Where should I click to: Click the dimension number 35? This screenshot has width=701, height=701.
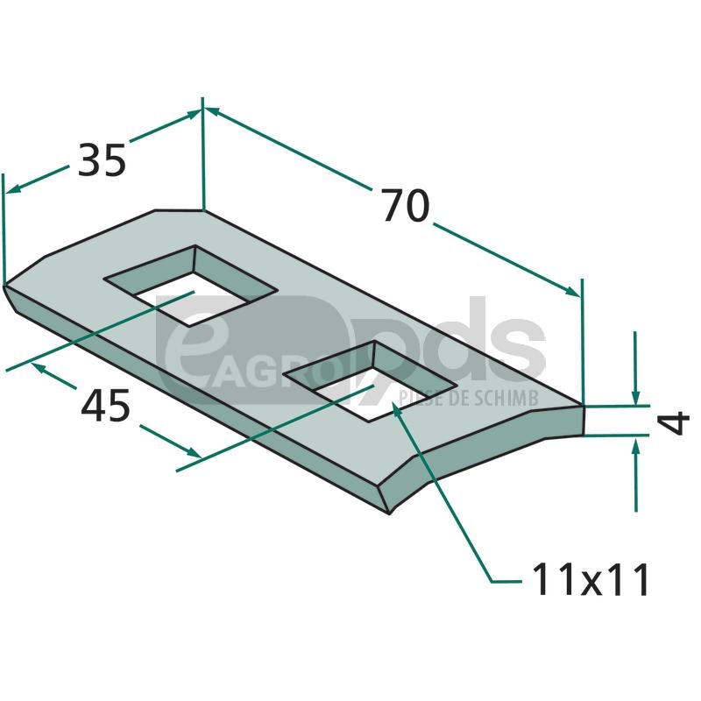coord(102,160)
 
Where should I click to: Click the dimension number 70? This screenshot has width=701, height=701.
coord(406,206)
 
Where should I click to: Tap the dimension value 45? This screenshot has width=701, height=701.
coord(105,406)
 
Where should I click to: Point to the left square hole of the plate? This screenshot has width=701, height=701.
coord(190,286)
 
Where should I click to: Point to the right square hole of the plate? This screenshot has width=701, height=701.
coord(371,381)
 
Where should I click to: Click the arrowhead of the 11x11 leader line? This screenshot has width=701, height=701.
coord(396,407)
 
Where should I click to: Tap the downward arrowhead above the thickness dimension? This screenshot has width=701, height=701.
coord(635,398)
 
